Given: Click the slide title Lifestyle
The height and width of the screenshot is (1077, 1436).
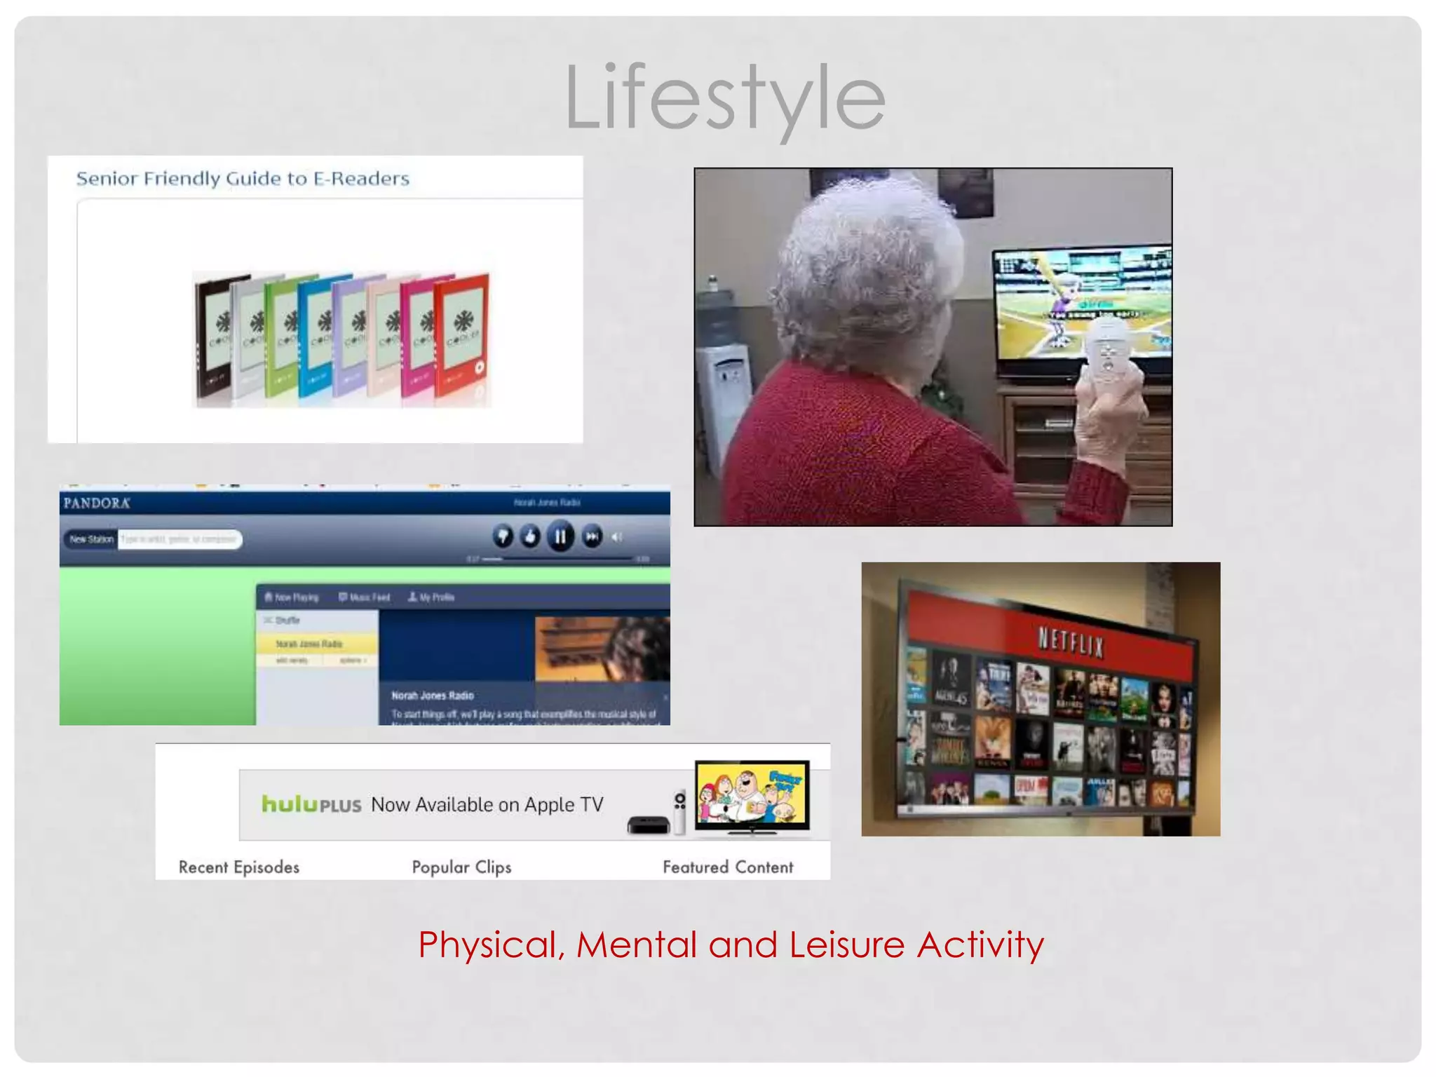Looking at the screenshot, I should pos(725,98).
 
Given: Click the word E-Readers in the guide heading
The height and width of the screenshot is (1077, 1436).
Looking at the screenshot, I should pos(361,179).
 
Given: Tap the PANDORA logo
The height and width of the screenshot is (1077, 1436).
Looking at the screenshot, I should pos(97,503).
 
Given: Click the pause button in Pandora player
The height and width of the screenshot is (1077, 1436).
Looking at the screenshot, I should pos(560,537).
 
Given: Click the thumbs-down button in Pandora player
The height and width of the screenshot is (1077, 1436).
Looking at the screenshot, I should pos(503,537).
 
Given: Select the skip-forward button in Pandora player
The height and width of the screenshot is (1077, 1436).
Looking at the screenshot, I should pos(592,537).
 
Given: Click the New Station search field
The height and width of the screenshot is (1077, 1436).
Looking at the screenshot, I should pos(179,539).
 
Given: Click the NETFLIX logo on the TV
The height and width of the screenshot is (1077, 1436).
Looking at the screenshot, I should pos(1071,642).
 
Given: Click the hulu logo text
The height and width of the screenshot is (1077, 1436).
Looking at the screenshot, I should pos(290,804).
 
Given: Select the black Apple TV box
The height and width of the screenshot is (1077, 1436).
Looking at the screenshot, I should pos(648,825).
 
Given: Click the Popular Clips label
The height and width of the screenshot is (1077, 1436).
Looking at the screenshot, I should pos(461,867).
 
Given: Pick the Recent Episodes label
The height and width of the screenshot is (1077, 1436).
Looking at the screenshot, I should pos(239,867).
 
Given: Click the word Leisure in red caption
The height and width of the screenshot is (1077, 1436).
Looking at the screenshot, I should pos(847,944).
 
